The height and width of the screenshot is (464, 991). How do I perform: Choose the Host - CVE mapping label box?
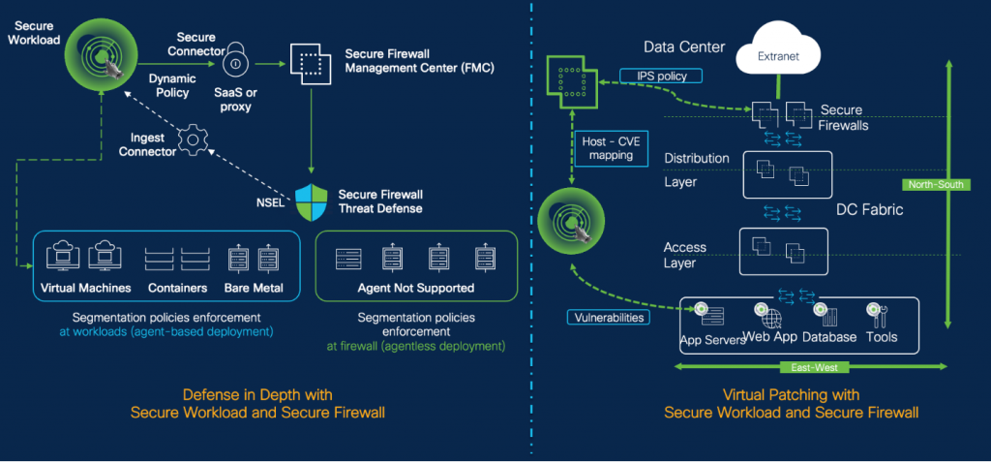[608, 148]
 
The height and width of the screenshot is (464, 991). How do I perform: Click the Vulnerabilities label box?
[606, 317]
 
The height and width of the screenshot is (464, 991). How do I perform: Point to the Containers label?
[179, 288]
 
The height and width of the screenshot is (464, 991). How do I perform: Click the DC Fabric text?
[870, 208]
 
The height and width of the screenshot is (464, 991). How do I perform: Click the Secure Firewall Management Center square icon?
[310, 65]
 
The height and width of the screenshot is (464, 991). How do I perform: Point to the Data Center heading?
[684, 46]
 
